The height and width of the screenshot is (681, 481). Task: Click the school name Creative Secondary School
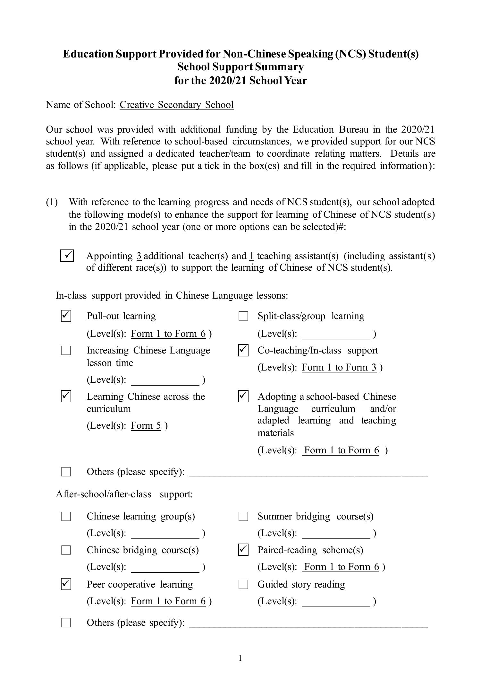(176, 105)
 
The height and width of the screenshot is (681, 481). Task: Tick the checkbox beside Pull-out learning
(66, 316)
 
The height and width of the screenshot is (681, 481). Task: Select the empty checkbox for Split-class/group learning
(243, 316)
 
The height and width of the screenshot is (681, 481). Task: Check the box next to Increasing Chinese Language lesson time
(66, 350)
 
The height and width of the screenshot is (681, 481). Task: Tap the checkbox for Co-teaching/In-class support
(243, 350)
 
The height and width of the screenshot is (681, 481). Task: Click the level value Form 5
(146, 425)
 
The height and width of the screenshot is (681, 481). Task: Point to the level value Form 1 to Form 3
(339, 367)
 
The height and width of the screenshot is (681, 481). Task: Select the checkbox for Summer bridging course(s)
(243, 517)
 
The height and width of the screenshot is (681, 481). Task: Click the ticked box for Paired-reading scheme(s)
(243, 550)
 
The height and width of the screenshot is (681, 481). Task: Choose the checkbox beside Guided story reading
(243, 584)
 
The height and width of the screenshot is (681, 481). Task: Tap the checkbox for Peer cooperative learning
(66, 584)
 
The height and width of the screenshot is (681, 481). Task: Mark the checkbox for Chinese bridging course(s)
(66, 550)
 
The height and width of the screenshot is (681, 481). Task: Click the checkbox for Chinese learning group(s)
(66, 517)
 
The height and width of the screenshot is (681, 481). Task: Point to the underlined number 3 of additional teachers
(139, 256)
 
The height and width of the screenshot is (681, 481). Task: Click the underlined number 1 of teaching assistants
(252, 256)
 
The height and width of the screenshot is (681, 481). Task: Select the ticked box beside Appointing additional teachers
(67, 256)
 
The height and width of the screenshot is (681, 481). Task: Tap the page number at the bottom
(240, 659)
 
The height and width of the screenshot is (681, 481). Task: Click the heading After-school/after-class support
(124, 494)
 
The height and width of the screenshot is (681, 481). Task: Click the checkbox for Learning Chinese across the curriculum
(66, 397)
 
